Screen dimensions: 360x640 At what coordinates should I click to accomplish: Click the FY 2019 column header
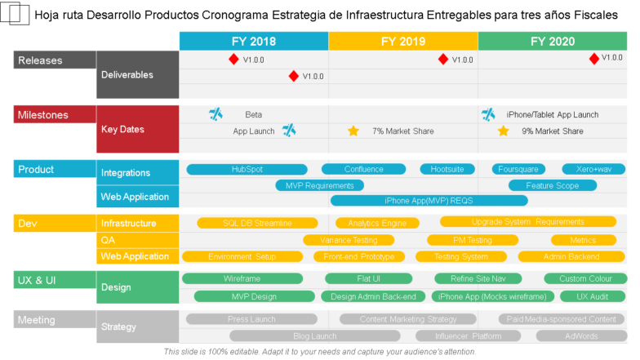[x=402, y=42]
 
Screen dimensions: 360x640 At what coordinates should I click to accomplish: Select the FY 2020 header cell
[x=552, y=42]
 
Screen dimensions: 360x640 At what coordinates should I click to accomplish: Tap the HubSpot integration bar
[x=247, y=170]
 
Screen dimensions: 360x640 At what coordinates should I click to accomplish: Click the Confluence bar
[x=363, y=170]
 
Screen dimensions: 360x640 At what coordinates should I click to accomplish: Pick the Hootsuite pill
[x=447, y=170]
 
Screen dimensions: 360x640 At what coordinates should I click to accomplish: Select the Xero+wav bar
[x=593, y=170]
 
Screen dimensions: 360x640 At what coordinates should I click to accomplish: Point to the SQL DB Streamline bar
[x=257, y=223]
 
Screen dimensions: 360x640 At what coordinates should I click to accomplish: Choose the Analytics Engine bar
[x=376, y=223]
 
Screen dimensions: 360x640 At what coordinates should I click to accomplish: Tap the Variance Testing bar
[x=348, y=240]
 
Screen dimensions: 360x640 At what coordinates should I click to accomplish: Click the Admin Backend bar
[x=571, y=256]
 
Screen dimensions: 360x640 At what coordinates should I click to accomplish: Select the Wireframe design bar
[x=242, y=279]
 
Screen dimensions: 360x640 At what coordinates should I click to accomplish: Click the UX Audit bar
[x=593, y=296]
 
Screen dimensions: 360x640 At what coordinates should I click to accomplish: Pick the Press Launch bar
[x=251, y=319]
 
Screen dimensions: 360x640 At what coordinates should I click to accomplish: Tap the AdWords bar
[x=580, y=336]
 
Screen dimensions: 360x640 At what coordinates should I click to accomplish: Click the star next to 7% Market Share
[x=353, y=131]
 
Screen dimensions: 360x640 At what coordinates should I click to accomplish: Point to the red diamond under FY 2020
[x=593, y=58]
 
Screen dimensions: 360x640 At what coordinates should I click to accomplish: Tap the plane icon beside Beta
[x=216, y=114]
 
